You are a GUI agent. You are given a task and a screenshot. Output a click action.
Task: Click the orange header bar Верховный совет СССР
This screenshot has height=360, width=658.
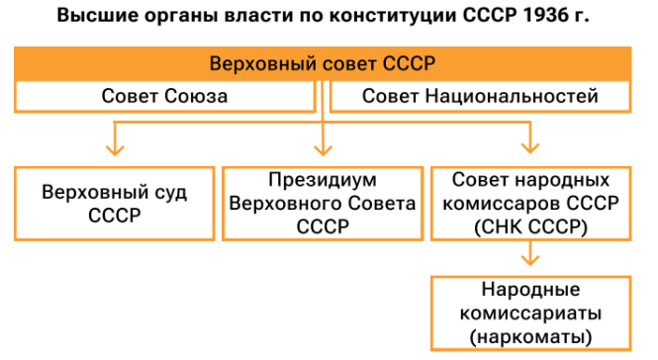pos(323,63)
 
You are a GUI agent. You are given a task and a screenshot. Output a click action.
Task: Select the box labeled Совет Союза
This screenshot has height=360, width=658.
pos(164,96)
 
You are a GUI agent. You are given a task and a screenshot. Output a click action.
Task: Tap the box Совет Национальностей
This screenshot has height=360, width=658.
pos(480,96)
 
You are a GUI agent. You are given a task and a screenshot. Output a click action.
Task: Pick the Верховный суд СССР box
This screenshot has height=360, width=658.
pos(116,203)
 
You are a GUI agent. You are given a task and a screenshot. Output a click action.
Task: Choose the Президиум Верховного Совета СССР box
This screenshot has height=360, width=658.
pos(323,203)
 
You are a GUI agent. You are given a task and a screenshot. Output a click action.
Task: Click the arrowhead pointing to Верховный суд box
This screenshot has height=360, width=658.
pos(116,151)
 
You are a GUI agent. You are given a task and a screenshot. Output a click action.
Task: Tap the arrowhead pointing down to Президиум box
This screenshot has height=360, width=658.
pos(323,151)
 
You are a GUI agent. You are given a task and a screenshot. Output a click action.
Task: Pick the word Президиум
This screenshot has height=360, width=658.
pos(323,181)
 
